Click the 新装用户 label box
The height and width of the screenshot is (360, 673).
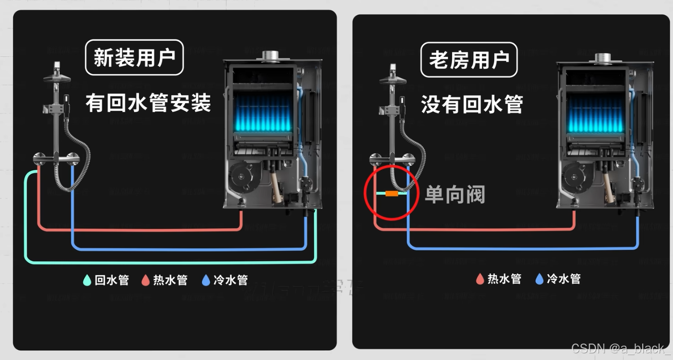134,58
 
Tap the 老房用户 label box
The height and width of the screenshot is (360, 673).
469,60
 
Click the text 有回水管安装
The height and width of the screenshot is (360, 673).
148,103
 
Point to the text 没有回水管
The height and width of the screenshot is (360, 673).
472,104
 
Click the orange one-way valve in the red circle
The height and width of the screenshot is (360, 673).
392,194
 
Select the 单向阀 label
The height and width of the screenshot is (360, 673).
455,194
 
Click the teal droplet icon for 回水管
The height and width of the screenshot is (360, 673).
87,280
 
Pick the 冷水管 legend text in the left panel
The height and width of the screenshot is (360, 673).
231,280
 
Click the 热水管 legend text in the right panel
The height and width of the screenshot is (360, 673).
504,279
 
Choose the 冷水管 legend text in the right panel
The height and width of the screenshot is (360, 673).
564,279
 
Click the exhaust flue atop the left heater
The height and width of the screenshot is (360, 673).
270,55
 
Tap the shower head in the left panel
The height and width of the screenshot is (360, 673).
58,77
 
